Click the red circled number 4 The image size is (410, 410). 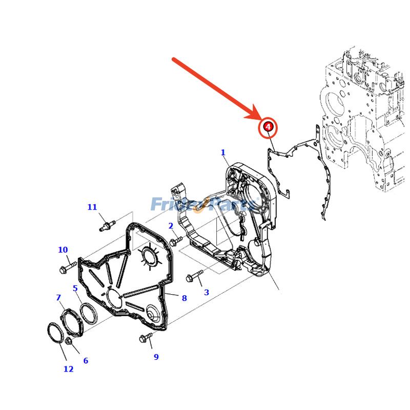(268, 127)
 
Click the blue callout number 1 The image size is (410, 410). (223, 153)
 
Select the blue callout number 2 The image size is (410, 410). (171, 226)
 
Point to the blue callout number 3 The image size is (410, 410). (207, 293)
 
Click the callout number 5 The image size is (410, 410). (75, 289)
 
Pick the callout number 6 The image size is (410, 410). (86, 361)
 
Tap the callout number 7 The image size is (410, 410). (58, 298)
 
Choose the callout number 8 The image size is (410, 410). (184, 298)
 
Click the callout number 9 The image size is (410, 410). (156, 357)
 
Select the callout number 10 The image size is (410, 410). (63, 250)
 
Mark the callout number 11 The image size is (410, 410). (92, 208)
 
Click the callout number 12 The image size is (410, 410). (68, 369)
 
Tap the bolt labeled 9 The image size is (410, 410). (146, 337)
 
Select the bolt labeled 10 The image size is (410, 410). (68, 266)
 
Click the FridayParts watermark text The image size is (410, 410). (202, 205)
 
